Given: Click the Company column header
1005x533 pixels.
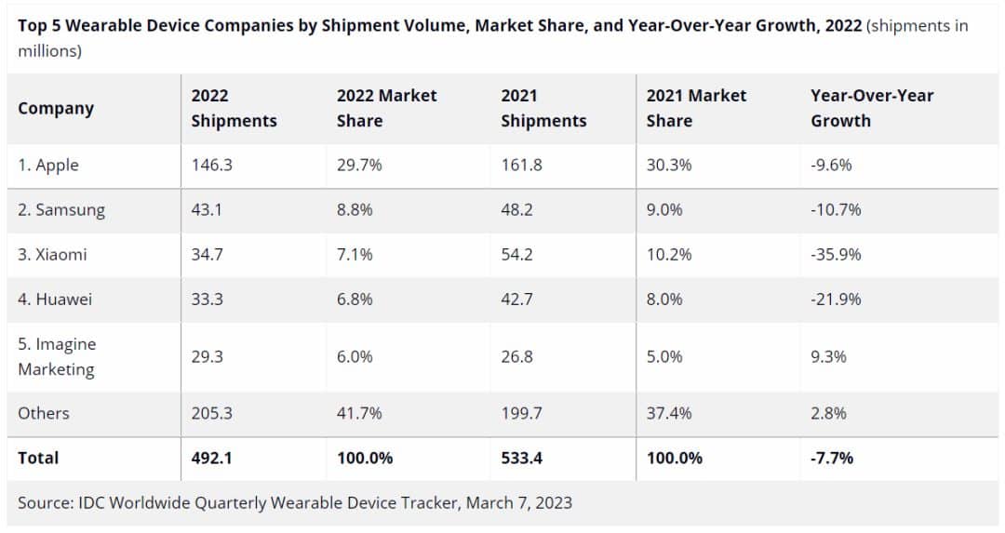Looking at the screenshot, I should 56,108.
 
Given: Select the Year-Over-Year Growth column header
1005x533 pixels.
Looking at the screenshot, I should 872,108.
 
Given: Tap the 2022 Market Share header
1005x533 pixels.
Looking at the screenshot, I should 386,108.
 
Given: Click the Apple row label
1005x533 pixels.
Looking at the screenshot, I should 48,166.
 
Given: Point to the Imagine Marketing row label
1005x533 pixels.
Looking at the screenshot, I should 57,356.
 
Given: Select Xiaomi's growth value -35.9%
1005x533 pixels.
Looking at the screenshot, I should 836,255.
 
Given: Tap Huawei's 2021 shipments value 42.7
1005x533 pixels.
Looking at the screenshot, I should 516,300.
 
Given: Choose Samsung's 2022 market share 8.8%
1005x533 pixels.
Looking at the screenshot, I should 355,210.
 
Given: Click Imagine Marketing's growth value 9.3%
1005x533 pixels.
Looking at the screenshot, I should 828,356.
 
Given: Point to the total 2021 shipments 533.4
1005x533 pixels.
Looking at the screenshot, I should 522,458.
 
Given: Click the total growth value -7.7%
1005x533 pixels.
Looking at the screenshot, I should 832,458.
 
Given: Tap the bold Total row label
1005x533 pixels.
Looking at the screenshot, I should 38,458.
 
